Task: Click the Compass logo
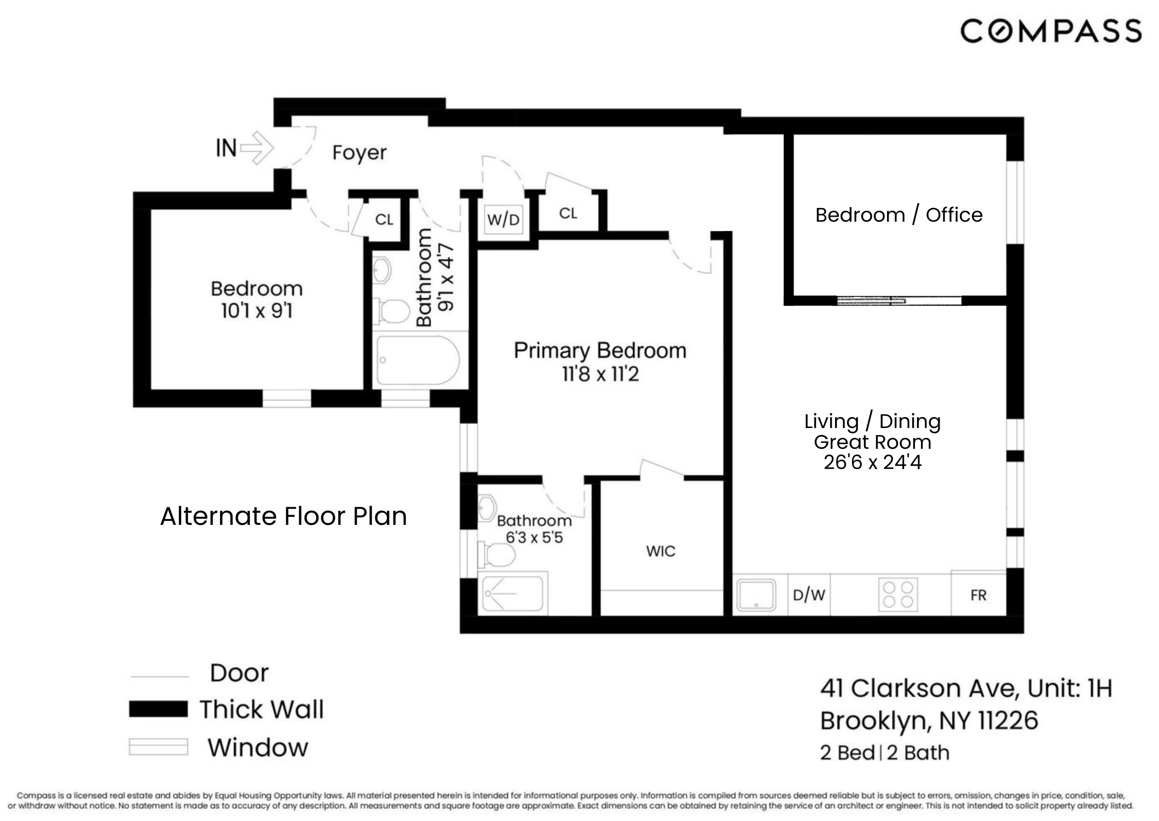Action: (1051, 31)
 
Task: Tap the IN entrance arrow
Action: (257, 147)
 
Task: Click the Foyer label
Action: (359, 153)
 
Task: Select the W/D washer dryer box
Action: (503, 219)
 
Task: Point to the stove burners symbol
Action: (898, 594)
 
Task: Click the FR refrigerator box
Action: (978, 595)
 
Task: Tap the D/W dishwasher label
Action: (809, 595)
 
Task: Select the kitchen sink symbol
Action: (756, 595)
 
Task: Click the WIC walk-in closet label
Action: (660, 551)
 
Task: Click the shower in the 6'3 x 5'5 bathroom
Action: (512, 594)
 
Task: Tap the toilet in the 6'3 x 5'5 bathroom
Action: (497, 554)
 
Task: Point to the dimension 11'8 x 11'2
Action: (600, 374)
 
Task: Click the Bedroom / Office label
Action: (899, 215)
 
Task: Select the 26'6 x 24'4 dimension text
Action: (872, 462)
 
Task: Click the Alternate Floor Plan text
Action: (283, 516)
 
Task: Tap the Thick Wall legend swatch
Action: (158, 709)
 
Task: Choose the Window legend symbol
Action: (158, 747)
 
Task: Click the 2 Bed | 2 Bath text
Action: (884, 753)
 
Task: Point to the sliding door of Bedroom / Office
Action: (899, 300)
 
